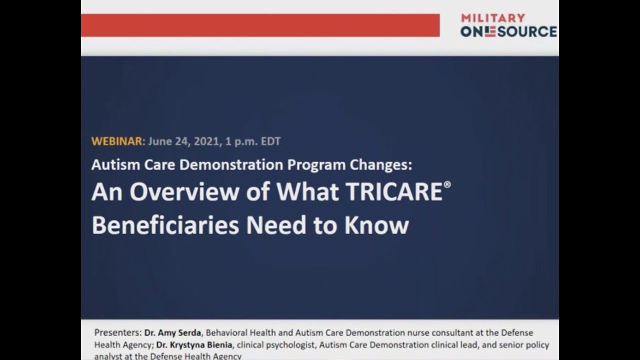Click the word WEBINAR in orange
click(117, 141)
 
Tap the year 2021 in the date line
click(204, 141)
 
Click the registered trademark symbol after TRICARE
click(447, 184)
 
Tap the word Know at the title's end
click(376, 225)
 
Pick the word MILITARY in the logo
click(493, 18)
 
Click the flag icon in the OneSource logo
click(489, 31)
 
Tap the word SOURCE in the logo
click(526, 31)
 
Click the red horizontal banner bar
click(260, 25)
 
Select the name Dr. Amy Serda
click(173, 332)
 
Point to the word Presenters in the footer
click(118, 332)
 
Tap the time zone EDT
click(270, 141)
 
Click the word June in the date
click(159, 141)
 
